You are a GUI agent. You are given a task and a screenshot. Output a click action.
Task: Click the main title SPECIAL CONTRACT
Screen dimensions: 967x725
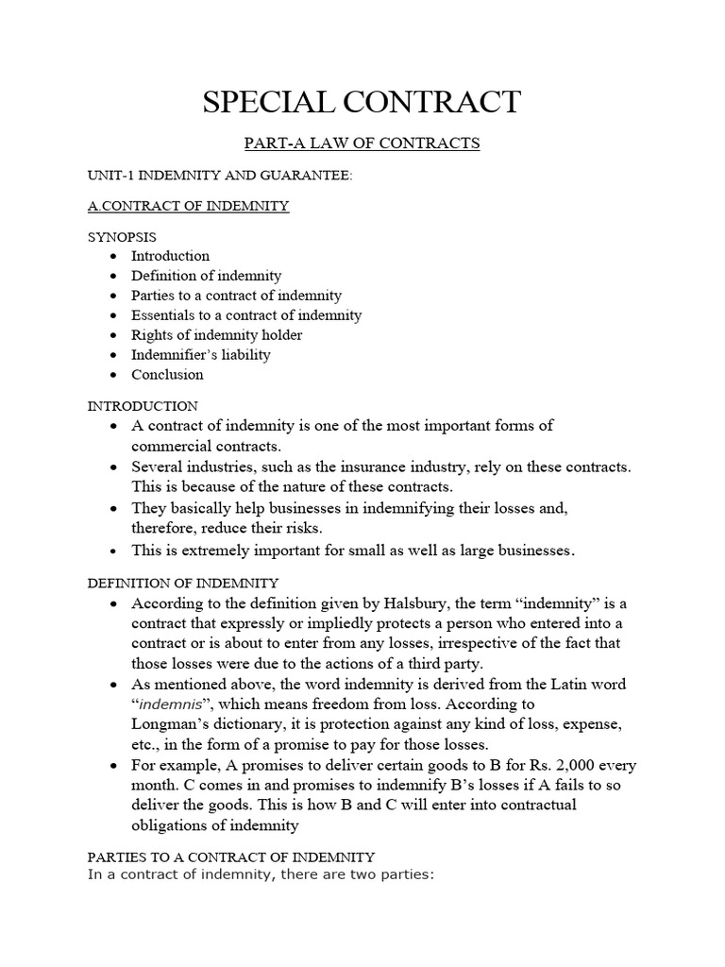(x=362, y=101)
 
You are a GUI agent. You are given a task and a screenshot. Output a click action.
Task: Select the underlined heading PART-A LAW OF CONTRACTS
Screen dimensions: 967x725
(x=362, y=144)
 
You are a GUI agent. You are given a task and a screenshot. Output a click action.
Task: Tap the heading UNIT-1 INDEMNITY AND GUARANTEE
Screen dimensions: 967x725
(x=215, y=176)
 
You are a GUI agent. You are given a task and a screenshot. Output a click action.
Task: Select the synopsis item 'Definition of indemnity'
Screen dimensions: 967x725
(x=206, y=276)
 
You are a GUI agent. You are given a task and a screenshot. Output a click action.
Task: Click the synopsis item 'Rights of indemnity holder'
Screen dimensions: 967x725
(x=216, y=334)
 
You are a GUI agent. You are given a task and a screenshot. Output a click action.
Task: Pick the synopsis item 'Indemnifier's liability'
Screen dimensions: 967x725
(x=200, y=354)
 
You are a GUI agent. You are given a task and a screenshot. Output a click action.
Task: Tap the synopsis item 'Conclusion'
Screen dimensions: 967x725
(x=167, y=374)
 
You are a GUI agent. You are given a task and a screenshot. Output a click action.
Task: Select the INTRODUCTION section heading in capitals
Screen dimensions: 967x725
(x=143, y=406)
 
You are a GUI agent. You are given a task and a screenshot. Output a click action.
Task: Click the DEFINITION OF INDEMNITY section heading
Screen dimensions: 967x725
(x=182, y=584)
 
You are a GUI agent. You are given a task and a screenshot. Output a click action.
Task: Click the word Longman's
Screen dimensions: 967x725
(x=173, y=723)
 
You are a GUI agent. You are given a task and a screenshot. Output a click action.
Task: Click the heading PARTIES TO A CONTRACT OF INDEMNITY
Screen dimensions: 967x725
(x=230, y=857)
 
